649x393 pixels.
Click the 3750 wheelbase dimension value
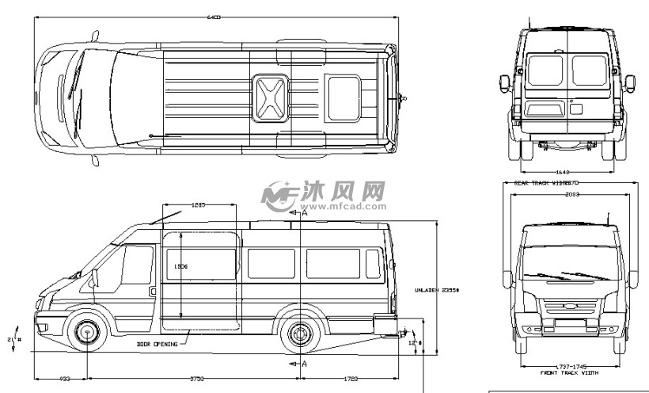(196, 380)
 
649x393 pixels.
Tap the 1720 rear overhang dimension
(351, 380)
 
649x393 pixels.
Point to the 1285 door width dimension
(199, 205)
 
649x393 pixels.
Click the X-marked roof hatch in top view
(271, 97)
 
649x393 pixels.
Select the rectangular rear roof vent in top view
(342, 97)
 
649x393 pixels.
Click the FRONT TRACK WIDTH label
(567, 372)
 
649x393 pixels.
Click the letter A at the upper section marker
(304, 213)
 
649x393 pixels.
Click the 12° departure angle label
(412, 344)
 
